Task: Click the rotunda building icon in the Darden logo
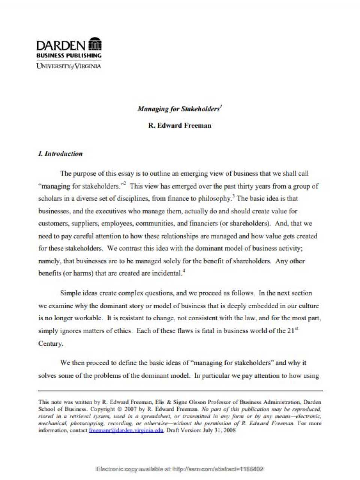pyautogui.click(x=94, y=44)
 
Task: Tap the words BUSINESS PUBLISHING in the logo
pyautogui.click(x=69, y=55)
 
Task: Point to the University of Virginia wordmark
pyautogui.click(x=69, y=66)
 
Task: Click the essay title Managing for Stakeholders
pyautogui.click(x=178, y=109)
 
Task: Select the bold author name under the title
pyautogui.click(x=180, y=126)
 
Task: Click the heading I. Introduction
pyautogui.click(x=60, y=154)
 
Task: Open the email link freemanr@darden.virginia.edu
pyautogui.click(x=126, y=430)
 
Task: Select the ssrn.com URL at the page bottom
pyautogui.click(x=219, y=469)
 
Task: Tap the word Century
pyautogui.click(x=51, y=343)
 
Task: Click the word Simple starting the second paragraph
pyautogui.click(x=70, y=293)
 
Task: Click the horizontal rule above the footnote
pyautogui.click(x=180, y=391)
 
